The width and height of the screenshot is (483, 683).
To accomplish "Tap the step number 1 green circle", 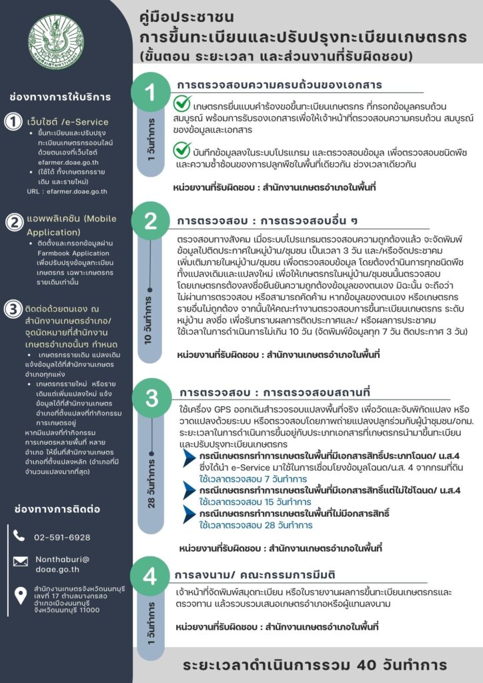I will click(151, 93).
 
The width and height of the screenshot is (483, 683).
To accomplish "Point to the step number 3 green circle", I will click(151, 398).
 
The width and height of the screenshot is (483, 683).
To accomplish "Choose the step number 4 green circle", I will click(151, 575).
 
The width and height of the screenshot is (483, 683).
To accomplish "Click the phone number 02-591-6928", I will click(62, 537).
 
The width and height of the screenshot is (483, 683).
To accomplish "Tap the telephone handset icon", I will click(19, 537).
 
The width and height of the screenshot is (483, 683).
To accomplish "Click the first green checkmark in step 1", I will click(182, 105).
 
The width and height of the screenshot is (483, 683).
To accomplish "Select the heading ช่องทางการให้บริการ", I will click(59, 97).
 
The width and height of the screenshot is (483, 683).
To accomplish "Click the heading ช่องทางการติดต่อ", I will click(57, 509).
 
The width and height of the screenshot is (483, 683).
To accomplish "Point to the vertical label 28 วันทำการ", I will click(151, 480).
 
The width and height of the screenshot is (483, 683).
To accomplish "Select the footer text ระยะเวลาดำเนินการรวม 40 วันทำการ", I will click(316, 665).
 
